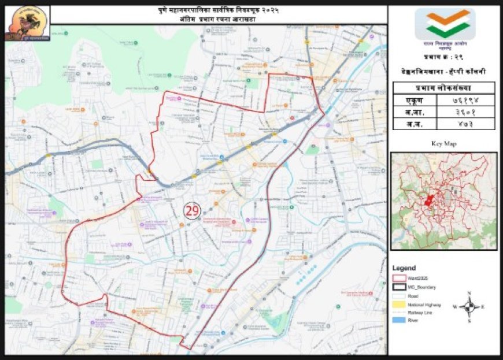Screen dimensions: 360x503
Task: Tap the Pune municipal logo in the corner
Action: pyautogui.click(x=27, y=23)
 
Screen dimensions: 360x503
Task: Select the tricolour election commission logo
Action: pyautogui.click(x=444, y=24)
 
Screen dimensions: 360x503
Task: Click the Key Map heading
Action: pyautogui.click(x=443, y=143)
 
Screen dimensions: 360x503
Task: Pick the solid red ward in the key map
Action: pyautogui.click(x=429, y=201)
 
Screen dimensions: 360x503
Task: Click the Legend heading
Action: pyautogui.click(x=404, y=269)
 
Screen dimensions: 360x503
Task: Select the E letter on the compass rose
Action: pyautogui.click(x=483, y=307)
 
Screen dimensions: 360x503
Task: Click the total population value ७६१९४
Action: pyautogui.click(x=463, y=101)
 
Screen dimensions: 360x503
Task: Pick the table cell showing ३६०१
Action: pyautogui.click(x=463, y=113)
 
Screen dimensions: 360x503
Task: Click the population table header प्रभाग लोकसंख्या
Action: pyautogui.click(x=443, y=88)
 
